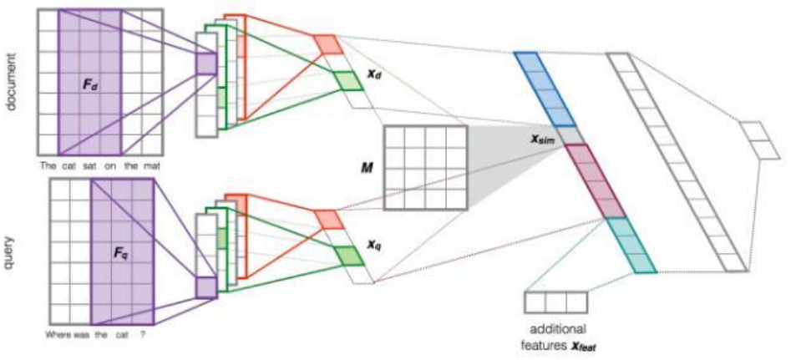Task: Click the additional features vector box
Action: (x=555, y=302)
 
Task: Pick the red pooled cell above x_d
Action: (x=327, y=43)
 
